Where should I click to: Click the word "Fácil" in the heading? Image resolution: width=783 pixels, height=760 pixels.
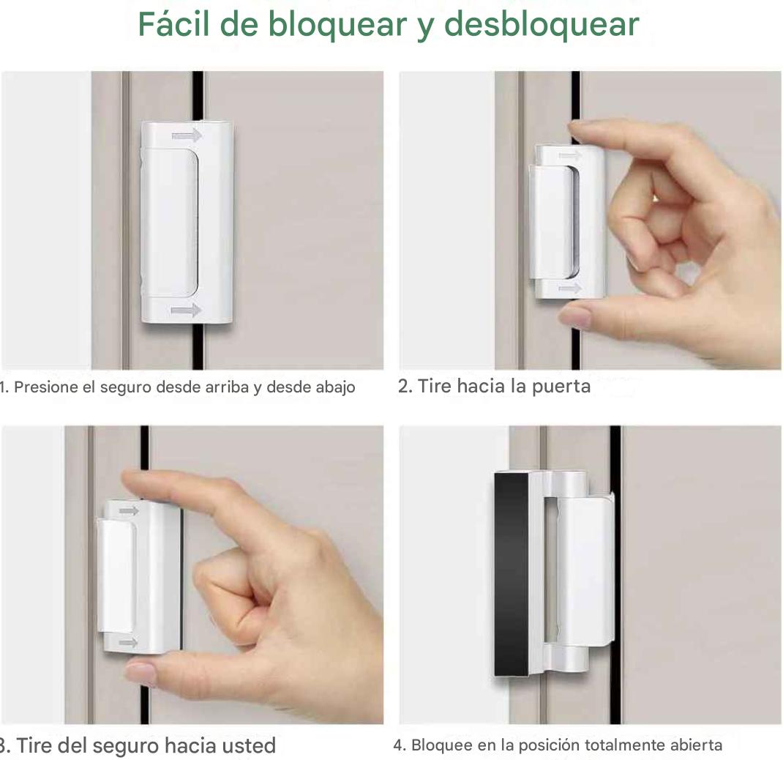[x=173, y=23]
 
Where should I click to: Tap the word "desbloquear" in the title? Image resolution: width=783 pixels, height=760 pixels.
[x=542, y=25]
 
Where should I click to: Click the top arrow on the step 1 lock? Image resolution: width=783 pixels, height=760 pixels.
[x=187, y=135]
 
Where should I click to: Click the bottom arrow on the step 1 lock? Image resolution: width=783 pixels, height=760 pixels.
[x=186, y=310]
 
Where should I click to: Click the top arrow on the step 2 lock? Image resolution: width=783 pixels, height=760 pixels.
[x=570, y=155]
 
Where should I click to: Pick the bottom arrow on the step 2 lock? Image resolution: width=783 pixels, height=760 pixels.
[x=569, y=288]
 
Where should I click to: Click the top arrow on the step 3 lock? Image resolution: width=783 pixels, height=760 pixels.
[x=128, y=510]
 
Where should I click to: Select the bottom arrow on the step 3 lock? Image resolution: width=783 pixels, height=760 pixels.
[x=128, y=642]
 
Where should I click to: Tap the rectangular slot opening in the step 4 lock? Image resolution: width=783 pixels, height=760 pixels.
[x=551, y=570]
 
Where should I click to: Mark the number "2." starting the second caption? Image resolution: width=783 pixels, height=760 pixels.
[x=405, y=387]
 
